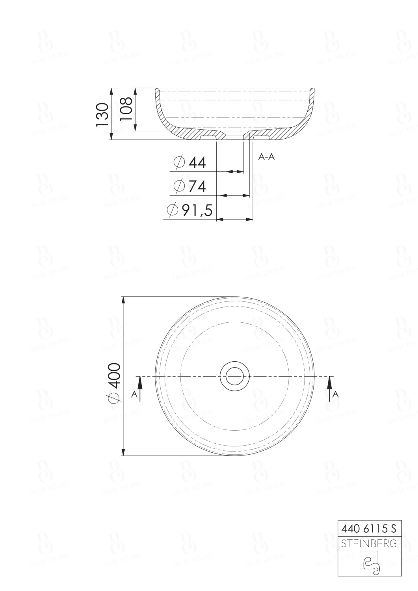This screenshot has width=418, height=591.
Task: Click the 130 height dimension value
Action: [x=102, y=114]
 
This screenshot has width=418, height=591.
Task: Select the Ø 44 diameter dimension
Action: [x=190, y=162]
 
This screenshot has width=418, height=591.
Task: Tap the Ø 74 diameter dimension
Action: [x=190, y=186]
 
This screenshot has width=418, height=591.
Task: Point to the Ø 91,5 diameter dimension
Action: [x=190, y=210]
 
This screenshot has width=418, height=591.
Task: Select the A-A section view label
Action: [x=266, y=157]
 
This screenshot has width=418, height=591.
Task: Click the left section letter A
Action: [x=134, y=394]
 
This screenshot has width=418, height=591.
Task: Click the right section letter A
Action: [x=335, y=394]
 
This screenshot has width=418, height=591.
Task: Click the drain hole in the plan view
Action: [x=235, y=376]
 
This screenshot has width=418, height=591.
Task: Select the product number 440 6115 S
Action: [x=369, y=528]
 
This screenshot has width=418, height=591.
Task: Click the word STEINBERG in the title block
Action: [x=369, y=544]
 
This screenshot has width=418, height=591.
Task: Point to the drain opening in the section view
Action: [x=235, y=136]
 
